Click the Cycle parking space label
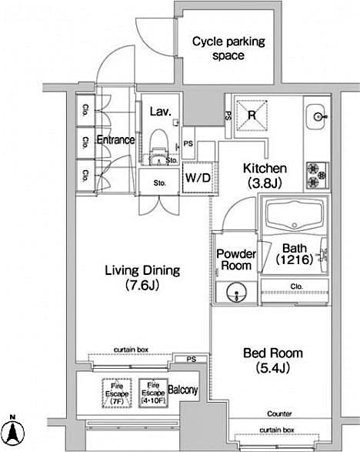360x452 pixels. click(218, 49)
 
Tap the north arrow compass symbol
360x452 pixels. click(13, 432)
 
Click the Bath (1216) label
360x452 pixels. click(294, 254)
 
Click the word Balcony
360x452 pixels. click(182, 390)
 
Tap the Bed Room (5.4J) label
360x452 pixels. click(272, 360)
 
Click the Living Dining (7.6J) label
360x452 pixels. click(142, 278)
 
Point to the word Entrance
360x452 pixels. click(115, 140)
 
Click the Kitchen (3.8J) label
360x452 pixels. click(265, 176)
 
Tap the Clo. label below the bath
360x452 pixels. click(296, 286)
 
